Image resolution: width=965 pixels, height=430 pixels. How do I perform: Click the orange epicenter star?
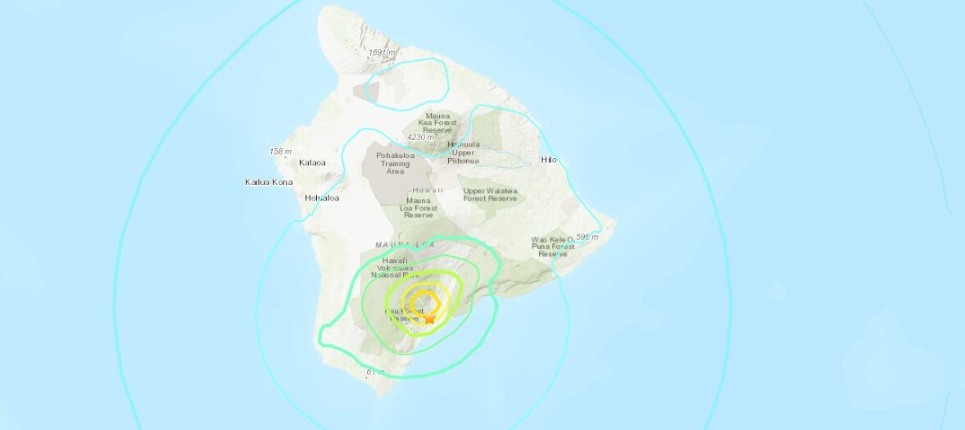click(x=429, y=317)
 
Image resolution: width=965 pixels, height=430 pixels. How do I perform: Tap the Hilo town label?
click(x=549, y=160)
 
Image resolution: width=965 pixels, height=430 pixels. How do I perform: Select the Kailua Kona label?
click(x=269, y=182)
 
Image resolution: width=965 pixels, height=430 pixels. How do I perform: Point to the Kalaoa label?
click(x=311, y=162)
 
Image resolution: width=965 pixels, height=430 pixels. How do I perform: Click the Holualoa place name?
click(x=322, y=197)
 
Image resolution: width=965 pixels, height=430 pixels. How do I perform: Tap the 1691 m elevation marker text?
click(x=383, y=53)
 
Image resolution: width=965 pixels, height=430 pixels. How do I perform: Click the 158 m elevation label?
click(x=280, y=152)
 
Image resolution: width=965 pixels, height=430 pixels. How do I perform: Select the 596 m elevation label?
click(x=587, y=237)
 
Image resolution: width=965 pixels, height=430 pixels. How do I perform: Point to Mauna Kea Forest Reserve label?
click(x=438, y=124)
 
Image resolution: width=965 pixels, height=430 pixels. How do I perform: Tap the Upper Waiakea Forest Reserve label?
click(x=491, y=194)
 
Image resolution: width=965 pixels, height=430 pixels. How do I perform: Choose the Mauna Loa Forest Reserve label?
click(x=423, y=208)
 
